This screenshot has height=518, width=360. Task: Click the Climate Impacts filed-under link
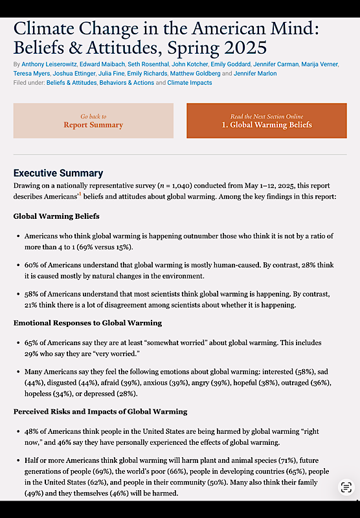(190, 83)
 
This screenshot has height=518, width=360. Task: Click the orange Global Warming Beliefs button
(266, 120)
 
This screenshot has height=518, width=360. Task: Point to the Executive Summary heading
(58, 173)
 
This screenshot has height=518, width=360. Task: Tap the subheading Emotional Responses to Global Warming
(87, 322)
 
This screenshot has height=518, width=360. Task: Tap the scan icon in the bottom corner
(346, 487)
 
